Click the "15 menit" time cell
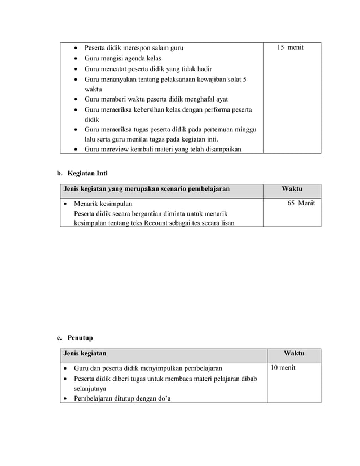(x=290, y=47)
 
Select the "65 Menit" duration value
(x=301, y=203)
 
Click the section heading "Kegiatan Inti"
(x=84, y=172)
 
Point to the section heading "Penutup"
(x=80, y=338)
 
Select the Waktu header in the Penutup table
(x=293, y=354)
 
